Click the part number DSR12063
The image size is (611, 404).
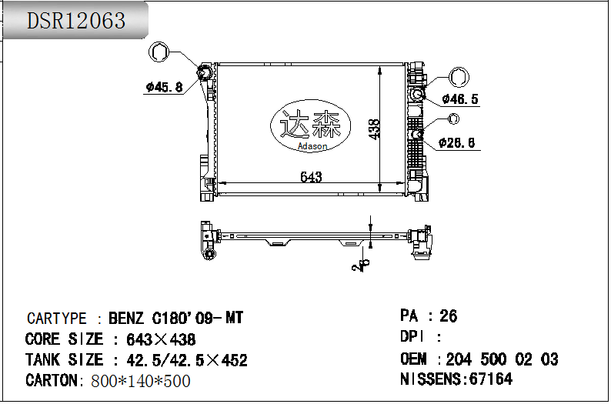76,21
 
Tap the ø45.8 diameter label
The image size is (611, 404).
164,87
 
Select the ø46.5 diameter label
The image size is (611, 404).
460,98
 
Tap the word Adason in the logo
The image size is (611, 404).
312,146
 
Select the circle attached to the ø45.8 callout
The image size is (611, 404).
160,52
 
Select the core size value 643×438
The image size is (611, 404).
155,339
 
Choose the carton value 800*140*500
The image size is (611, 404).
141,381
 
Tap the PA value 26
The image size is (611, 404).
448,316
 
